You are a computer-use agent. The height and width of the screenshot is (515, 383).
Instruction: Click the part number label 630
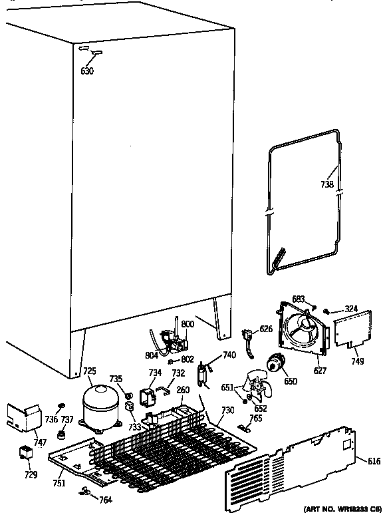[87, 71]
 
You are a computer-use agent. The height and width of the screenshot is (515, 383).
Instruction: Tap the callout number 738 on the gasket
[327, 186]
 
